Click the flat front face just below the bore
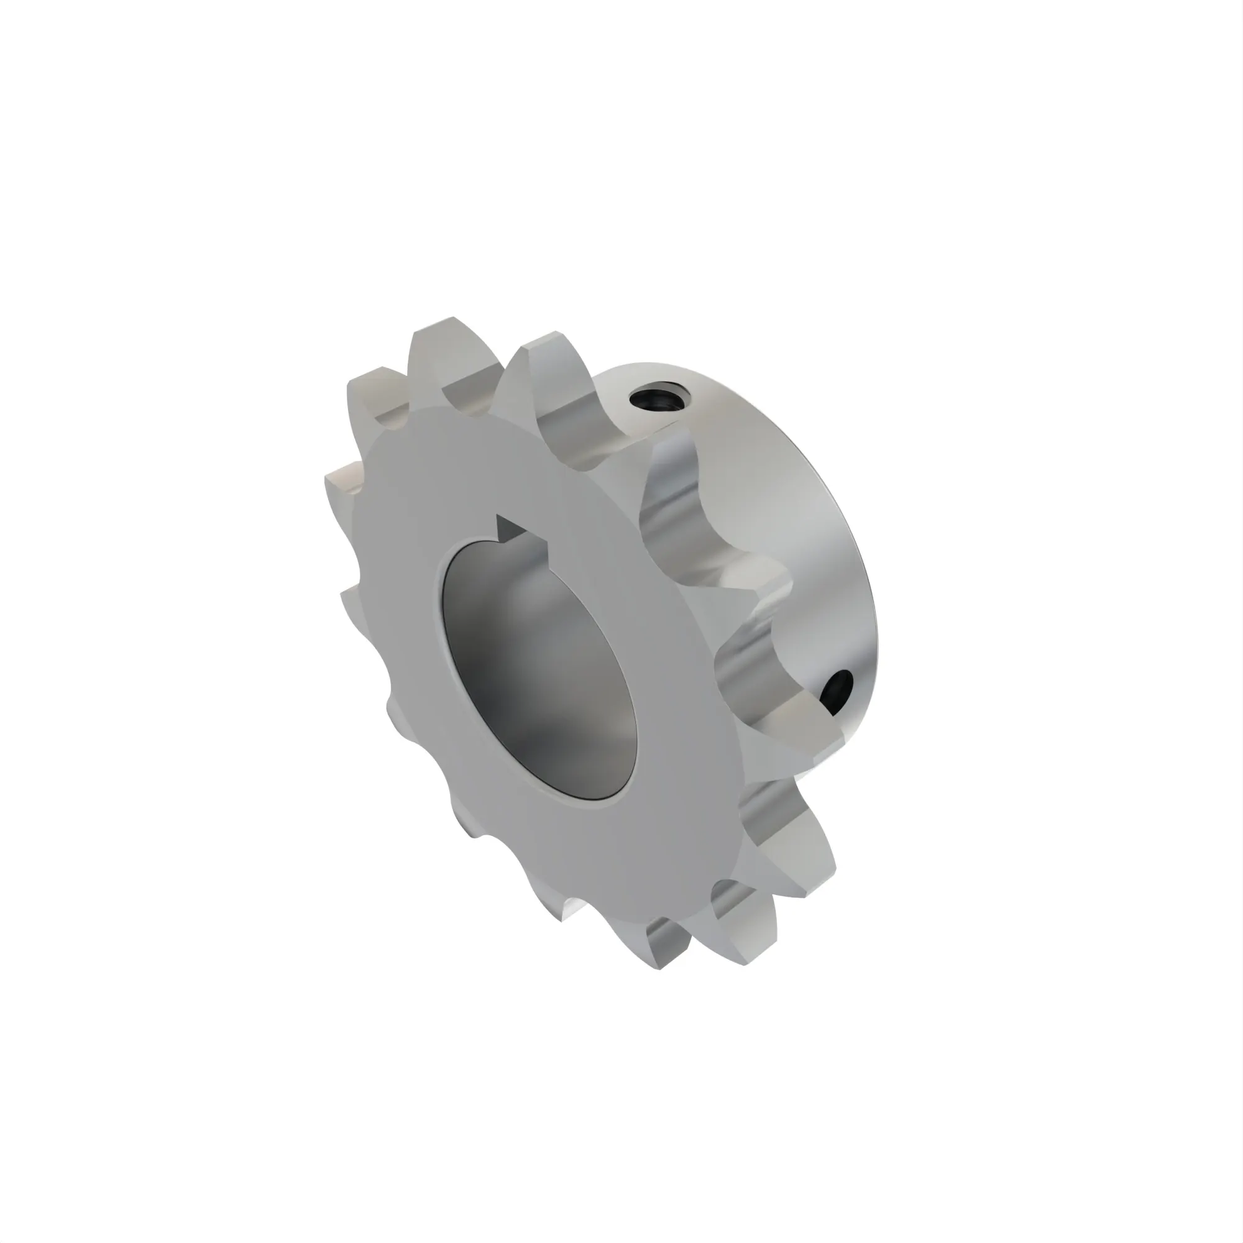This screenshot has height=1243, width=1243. [x=579, y=849]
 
